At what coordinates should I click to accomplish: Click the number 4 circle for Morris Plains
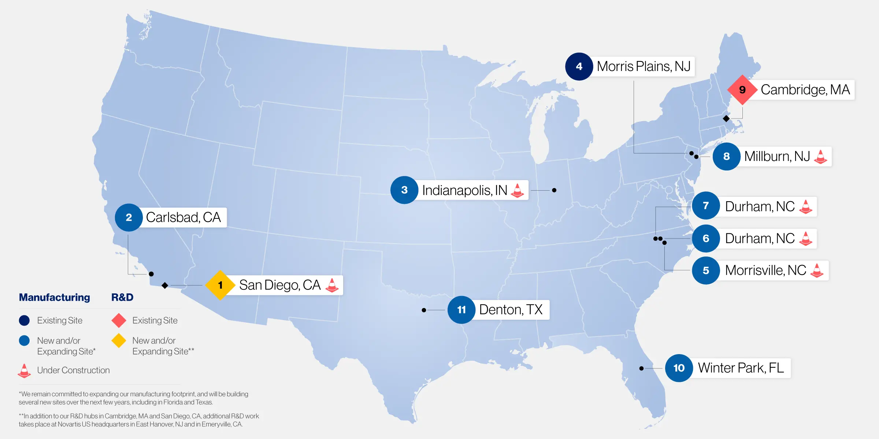click(579, 67)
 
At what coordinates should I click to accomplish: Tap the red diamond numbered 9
click(742, 90)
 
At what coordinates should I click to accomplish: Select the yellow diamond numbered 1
click(220, 285)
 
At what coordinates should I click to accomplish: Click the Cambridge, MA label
click(805, 90)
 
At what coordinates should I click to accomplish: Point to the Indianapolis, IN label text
click(464, 190)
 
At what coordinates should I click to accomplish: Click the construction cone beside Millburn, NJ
click(820, 157)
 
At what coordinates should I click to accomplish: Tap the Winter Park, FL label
click(741, 368)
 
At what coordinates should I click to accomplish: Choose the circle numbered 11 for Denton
click(461, 310)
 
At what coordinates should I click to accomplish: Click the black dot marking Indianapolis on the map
click(554, 190)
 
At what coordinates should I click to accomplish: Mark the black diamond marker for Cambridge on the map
click(726, 119)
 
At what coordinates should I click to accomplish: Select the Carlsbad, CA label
click(183, 217)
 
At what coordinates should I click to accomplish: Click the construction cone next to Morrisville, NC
click(817, 270)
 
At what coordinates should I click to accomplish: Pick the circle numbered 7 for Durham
click(706, 206)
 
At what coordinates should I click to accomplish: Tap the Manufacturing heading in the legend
click(54, 297)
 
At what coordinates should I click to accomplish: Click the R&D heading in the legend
click(122, 297)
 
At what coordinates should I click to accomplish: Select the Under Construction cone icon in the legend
click(24, 371)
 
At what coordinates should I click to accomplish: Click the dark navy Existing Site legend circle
click(24, 320)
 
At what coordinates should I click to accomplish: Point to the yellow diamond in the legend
click(119, 341)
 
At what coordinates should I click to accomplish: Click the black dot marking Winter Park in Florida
click(641, 368)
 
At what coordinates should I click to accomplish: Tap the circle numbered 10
click(679, 368)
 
